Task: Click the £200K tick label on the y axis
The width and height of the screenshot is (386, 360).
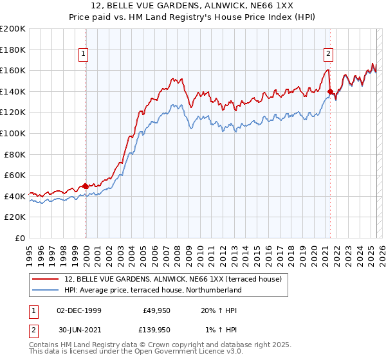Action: pos(13,28)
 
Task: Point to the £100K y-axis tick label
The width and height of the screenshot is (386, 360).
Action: pos(13,133)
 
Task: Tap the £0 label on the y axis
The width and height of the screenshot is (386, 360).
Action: pos(21,238)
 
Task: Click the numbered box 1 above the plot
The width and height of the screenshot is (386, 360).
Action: pos(85,54)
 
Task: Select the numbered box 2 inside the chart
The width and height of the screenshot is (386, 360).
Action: pos(328,54)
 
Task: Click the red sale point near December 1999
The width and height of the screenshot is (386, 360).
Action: pos(86,186)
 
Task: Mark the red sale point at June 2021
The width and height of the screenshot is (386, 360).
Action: pos(330,91)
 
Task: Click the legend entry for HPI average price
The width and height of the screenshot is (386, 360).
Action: pos(152,290)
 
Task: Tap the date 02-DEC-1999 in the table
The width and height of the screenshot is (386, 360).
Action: pos(79,310)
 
